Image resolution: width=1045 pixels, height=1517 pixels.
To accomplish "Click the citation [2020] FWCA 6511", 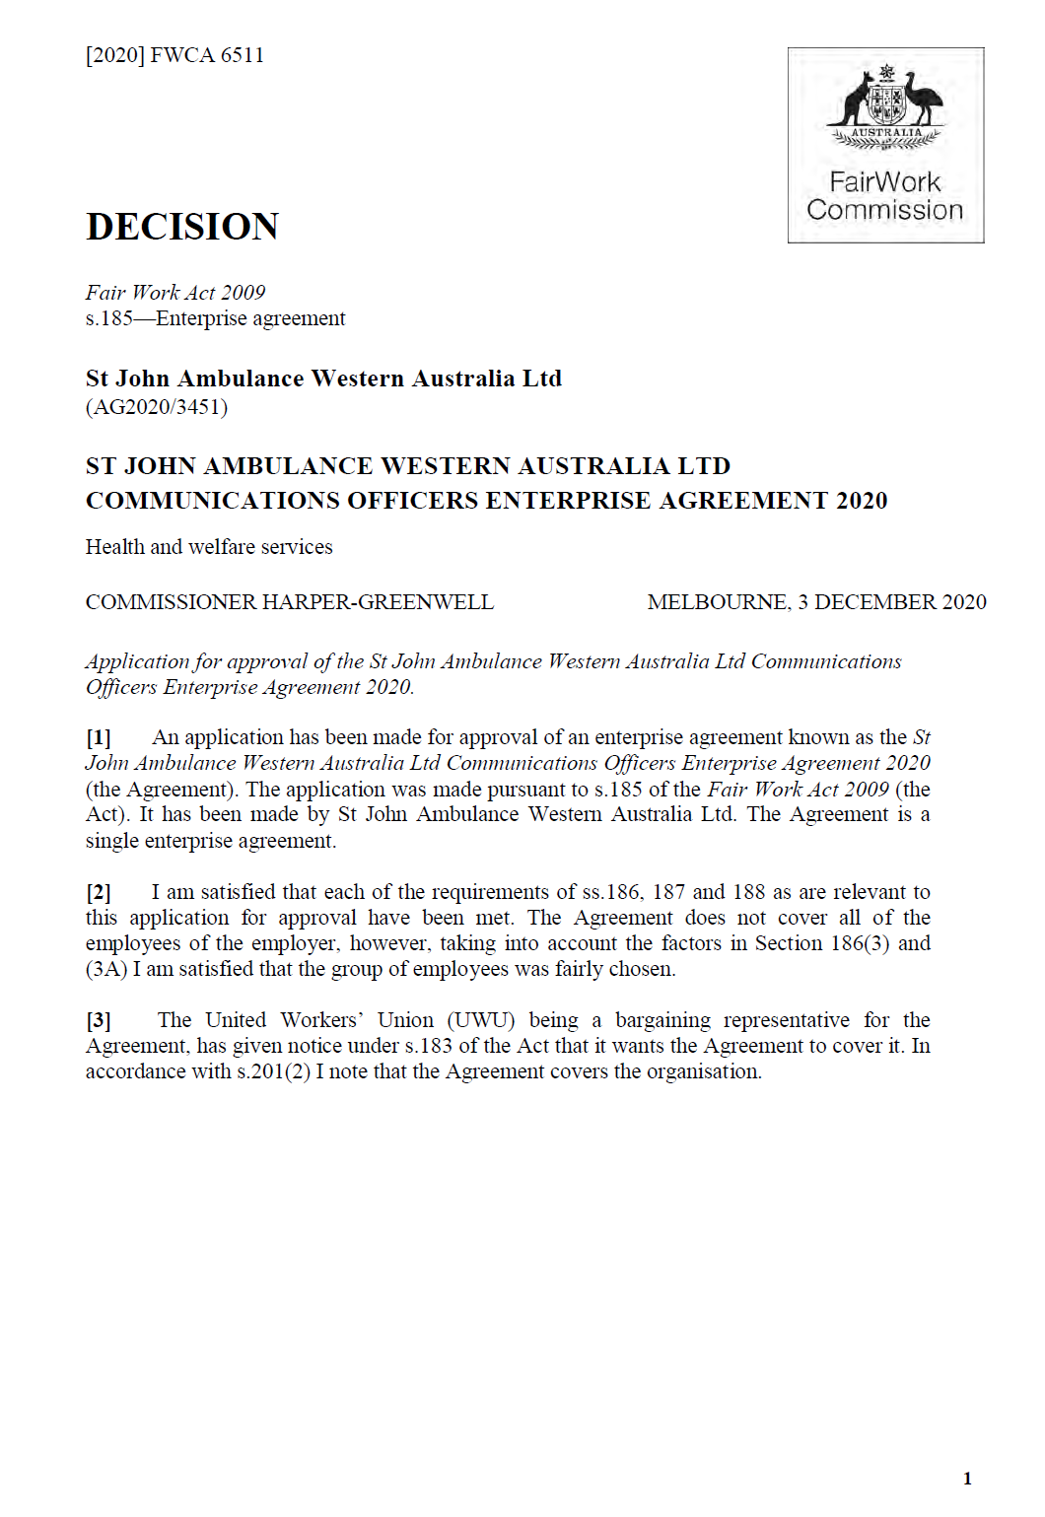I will click(174, 55).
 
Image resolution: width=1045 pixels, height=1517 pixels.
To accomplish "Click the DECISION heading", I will click(182, 227).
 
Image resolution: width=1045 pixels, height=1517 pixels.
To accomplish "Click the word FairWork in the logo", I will click(884, 182).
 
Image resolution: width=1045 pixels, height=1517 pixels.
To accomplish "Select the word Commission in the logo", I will click(884, 210).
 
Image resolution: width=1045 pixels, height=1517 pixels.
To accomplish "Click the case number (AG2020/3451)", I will click(157, 407).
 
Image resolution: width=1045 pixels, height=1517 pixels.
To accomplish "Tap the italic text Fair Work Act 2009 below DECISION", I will click(175, 293).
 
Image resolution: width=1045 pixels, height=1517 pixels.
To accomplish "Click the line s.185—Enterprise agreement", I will click(215, 318).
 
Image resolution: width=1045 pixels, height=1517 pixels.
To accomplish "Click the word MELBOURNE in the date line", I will click(718, 602).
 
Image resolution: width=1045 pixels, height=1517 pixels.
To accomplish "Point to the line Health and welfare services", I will click(209, 547).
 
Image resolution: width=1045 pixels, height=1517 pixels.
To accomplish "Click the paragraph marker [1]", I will click(99, 737).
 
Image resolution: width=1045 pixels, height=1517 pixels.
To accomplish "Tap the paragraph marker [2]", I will click(99, 892).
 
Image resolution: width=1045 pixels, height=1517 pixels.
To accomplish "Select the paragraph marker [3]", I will click(99, 1020).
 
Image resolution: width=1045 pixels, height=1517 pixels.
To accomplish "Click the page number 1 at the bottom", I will click(967, 1478).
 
